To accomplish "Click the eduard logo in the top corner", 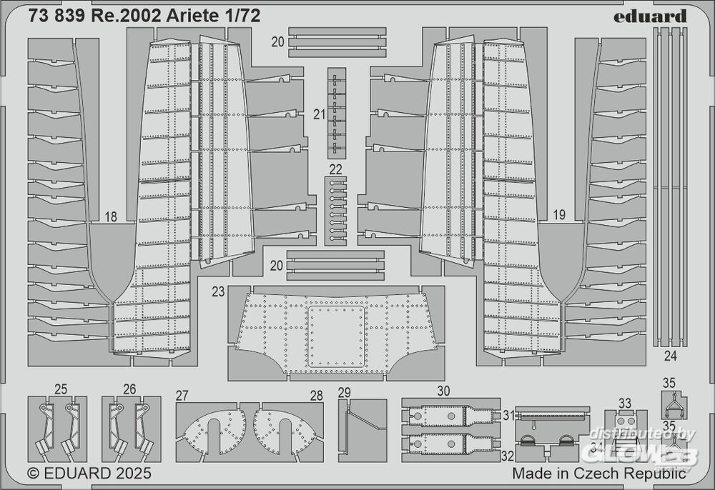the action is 650,17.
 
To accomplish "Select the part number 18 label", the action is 111,216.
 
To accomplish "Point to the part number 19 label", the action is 559,214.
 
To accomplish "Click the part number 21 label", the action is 319,114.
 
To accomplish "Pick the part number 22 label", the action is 335,170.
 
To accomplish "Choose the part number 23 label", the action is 218,291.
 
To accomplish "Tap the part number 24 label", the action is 671,356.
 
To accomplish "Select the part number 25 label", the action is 61,389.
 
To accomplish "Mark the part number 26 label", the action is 129,389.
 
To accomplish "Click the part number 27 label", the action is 182,396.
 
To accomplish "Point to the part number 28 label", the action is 317,396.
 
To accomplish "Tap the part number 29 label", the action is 345,393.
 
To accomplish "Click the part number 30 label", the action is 443,391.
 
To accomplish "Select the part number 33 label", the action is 625,403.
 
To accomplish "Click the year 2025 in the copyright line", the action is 133,473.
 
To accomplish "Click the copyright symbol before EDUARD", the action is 34,474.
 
